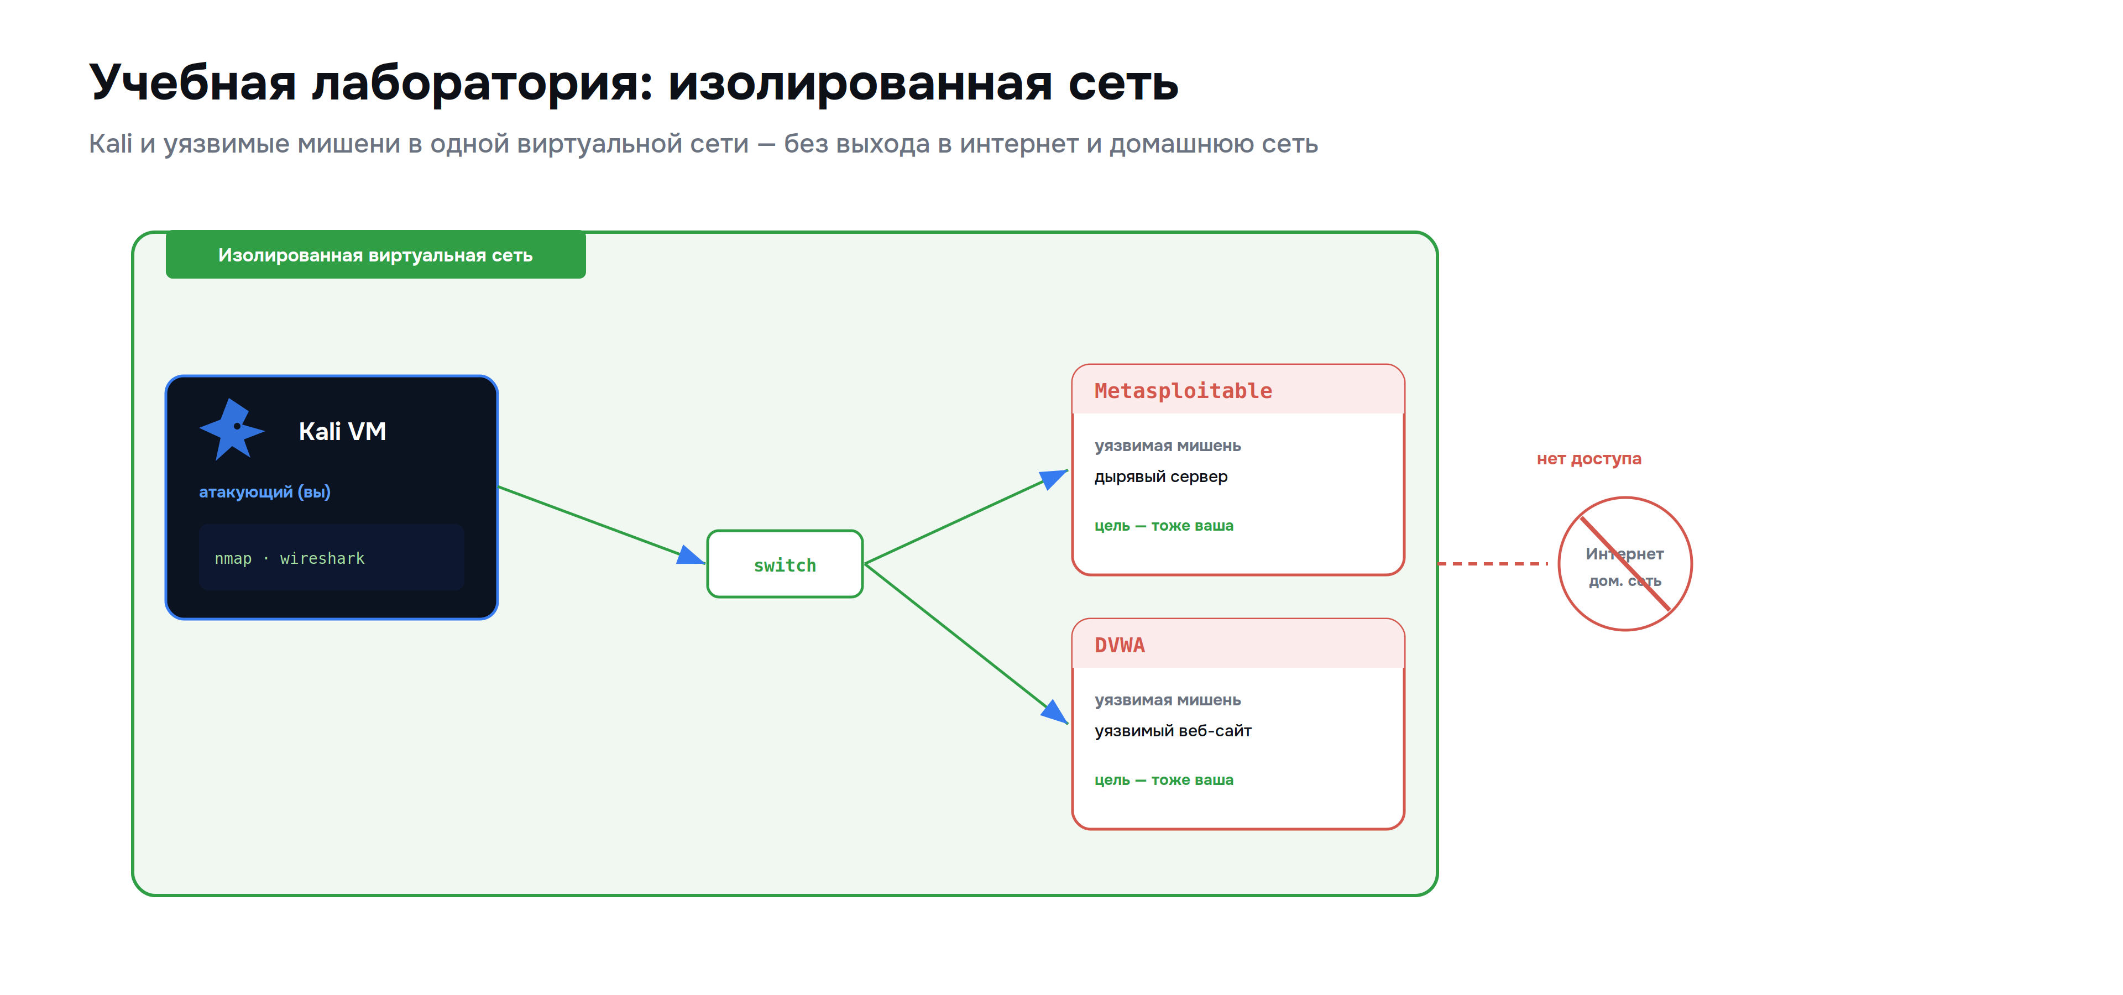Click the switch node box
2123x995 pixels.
pos(785,564)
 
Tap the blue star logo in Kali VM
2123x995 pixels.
pos(232,429)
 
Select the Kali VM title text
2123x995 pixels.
pos(342,431)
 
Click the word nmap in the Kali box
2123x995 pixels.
pos(233,558)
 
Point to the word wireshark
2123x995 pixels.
pos(322,558)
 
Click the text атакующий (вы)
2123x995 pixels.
pos(265,492)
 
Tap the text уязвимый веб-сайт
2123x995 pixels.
pos(1173,731)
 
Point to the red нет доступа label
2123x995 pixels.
pos(1589,459)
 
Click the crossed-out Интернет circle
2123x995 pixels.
pos(1625,563)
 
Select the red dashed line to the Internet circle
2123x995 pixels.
pos(1493,563)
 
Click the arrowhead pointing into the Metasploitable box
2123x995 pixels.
pos(1055,477)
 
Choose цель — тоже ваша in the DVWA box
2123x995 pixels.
pos(1164,779)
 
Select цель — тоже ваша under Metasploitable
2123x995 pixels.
pos(1164,526)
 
